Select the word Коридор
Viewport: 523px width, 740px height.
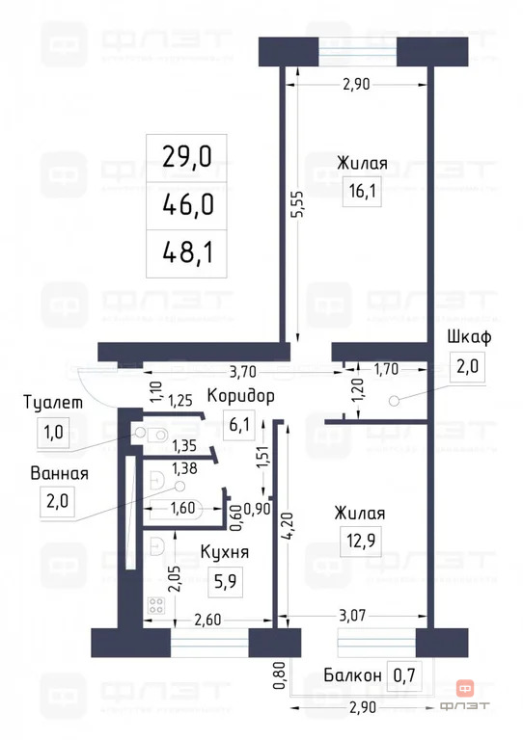pos(241,395)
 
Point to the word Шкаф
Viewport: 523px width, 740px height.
pos(471,336)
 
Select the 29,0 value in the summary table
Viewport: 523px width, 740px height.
pos(188,156)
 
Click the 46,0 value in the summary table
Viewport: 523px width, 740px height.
pos(188,204)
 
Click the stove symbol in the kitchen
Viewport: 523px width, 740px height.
pos(156,607)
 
